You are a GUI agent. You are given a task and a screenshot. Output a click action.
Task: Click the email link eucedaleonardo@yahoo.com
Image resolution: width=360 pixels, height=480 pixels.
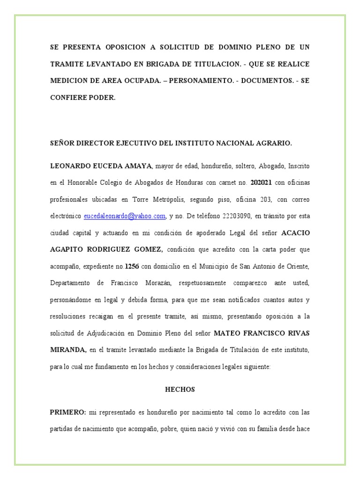pyautogui.click(x=125, y=216)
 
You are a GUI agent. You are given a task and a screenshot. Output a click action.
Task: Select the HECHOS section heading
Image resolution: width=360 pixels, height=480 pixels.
pyautogui.click(x=180, y=390)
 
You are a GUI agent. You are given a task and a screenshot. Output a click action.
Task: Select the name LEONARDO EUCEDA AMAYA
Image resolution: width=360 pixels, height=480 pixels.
pyautogui.click(x=101, y=166)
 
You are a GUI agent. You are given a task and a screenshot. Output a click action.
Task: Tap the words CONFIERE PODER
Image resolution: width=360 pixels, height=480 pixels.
pyautogui.click(x=82, y=97)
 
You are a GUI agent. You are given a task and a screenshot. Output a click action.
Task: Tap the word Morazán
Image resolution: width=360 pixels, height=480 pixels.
pyautogui.click(x=156, y=283)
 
